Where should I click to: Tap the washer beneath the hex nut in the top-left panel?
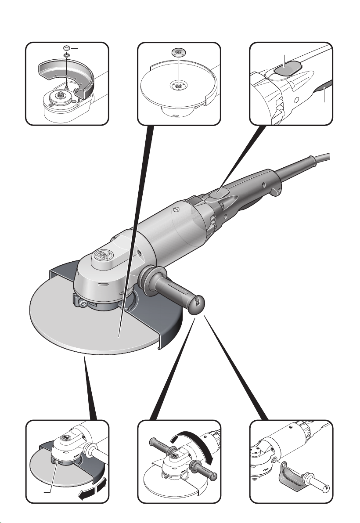(x=66, y=55)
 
